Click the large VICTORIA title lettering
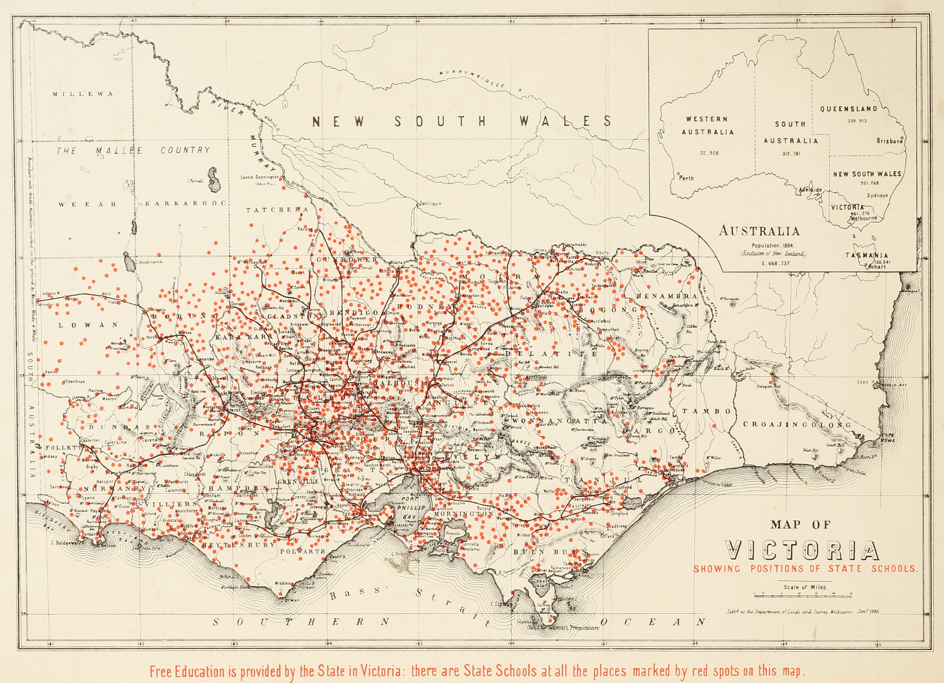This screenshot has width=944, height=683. pyautogui.click(x=802, y=550)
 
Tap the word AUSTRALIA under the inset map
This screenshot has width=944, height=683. pyautogui.click(x=759, y=231)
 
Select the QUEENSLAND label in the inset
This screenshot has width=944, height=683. pyautogui.click(x=848, y=109)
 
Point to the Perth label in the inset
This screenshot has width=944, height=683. pyautogui.click(x=686, y=178)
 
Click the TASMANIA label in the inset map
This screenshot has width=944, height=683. pyautogui.click(x=867, y=255)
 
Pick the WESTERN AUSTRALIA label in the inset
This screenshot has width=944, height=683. pyautogui.click(x=707, y=125)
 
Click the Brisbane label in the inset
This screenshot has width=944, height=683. pyautogui.click(x=889, y=141)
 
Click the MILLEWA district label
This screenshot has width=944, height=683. pyautogui.click(x=83, y=94)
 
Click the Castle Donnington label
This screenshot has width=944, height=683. pyautogui.click(x=260, y=177)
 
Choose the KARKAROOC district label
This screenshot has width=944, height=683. pyautogui.click(x=185, y=203)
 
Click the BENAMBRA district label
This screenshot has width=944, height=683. pyautogui.click(x=666, y=296)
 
